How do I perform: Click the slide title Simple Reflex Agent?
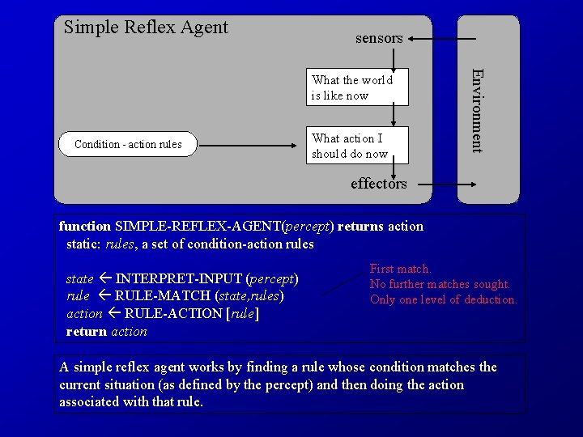tap(146, 28)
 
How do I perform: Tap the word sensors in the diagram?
tap(378, 38)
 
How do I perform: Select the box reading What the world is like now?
tap(352, 87)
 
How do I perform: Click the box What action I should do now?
tap(350, 146)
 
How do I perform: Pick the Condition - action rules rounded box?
tap(128, 145)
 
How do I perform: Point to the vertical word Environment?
tap(478, 111)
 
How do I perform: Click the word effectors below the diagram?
tap(378, 184)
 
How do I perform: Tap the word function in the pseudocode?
tap(86, 227)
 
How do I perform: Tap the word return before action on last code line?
tap(87, 331)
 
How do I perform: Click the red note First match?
tap(400, 269)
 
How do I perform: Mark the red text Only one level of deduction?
tap(443, 299)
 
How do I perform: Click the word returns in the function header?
tap(360, 227)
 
